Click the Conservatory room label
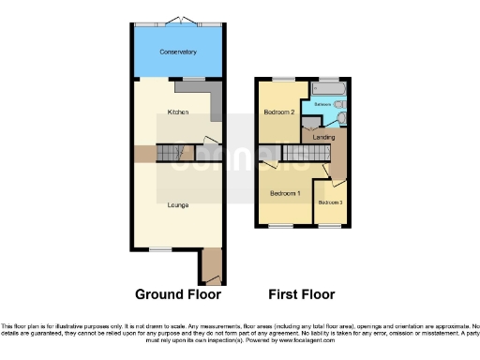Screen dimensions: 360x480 coord(177,52)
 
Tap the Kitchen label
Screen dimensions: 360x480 coord(177,112)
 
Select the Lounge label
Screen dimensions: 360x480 coord(177,204)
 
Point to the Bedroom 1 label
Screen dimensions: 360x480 coord(285,193)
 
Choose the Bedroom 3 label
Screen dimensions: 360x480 coord(330,202)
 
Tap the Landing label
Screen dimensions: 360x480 coord(324,138)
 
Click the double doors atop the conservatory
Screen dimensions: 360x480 coord(177,21)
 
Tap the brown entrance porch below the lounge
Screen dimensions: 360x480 coord(210,266)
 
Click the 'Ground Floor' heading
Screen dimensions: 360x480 coord(178,293)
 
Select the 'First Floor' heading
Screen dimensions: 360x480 coord(302,293)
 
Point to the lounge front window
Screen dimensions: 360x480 coord(161,248)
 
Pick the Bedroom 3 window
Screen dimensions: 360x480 coord(329,226)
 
